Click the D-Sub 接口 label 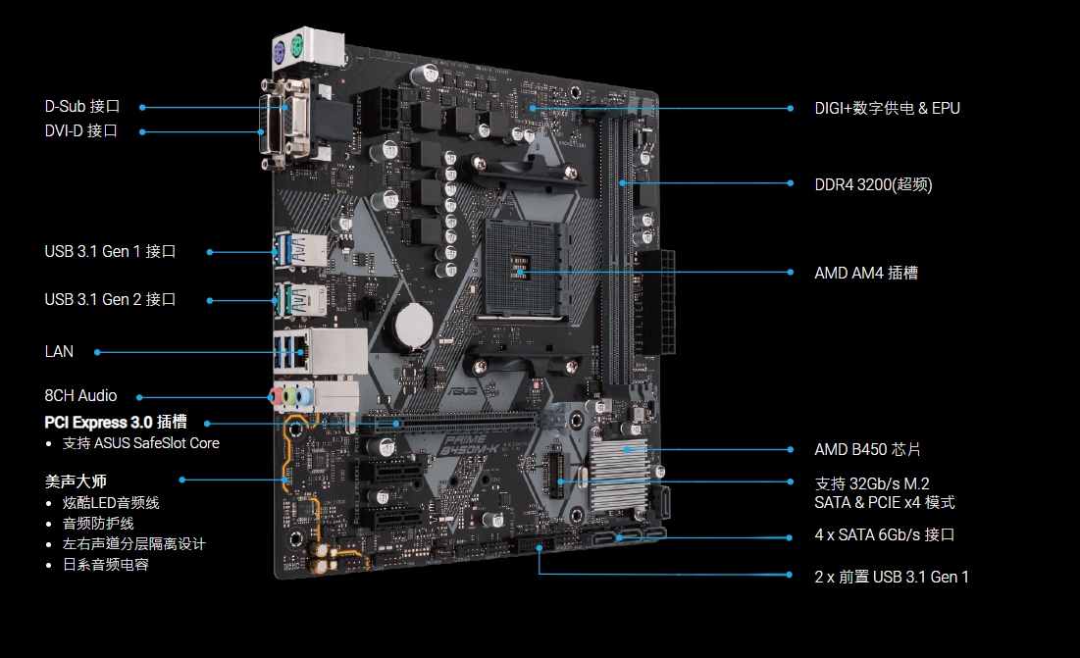82,107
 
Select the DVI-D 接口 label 80,130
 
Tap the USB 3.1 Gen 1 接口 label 110,252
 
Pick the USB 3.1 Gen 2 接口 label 110,300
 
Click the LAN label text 59,352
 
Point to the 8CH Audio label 80,396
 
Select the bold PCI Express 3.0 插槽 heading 116,423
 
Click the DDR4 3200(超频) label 873,185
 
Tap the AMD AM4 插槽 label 866,274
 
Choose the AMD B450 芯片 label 867,450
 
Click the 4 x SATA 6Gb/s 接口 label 885,535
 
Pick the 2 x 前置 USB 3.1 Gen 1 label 892,577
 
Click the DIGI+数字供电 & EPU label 887,109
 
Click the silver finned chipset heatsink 619,473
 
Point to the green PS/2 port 297,47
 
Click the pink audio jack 277,396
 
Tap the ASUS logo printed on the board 462,391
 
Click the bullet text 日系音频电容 105,565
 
